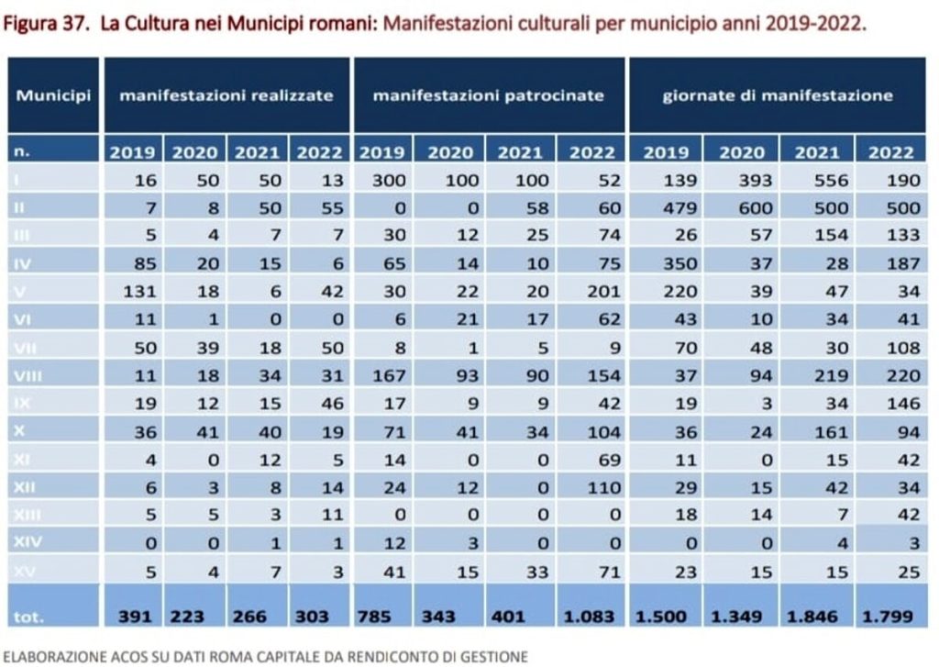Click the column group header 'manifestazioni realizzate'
pyautogui.click(x=226, y=96)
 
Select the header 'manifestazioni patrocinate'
pyautogui.click(x=490, y=96)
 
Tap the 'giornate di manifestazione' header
pyautogui.click(x=777, y=96)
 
